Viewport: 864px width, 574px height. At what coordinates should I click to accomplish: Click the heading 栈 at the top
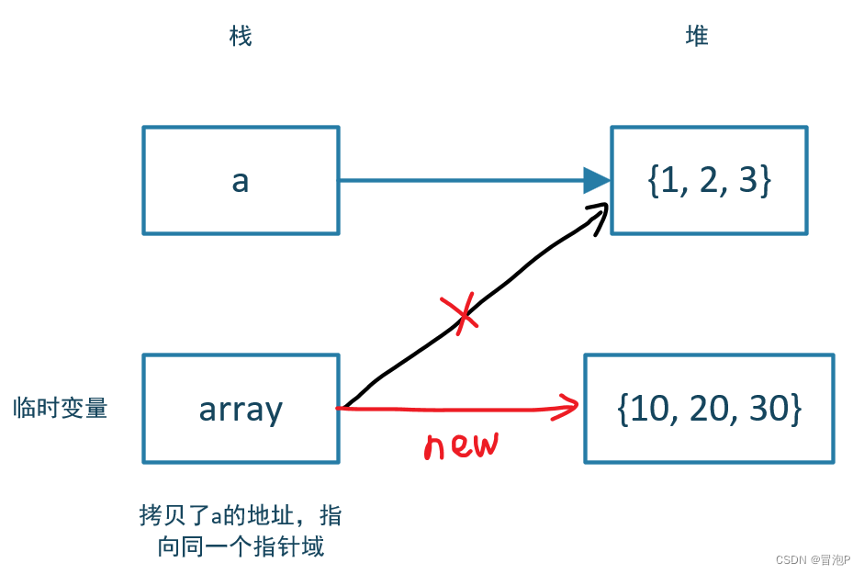pos(240,37)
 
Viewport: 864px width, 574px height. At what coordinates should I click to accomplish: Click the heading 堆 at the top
pos(697,37)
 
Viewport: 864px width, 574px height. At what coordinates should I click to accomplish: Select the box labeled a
pos(241,180)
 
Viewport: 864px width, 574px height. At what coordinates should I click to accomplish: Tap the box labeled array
pos(241,408)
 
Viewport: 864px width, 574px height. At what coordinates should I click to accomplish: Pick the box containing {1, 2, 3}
pos(709,180)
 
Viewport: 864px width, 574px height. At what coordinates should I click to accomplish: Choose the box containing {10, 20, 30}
pos(709,408)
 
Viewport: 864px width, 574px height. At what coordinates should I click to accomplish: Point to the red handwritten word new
pos(461,445)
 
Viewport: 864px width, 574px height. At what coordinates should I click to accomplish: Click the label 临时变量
pos(61,408)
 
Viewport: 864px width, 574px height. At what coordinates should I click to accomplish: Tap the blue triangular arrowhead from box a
pos(597,181)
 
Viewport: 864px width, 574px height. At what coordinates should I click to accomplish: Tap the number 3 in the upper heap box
pos(750,181)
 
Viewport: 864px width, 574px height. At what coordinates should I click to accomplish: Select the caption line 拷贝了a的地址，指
pos(241,515)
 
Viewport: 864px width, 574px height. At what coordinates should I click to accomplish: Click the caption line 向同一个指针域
pos(241,547)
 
